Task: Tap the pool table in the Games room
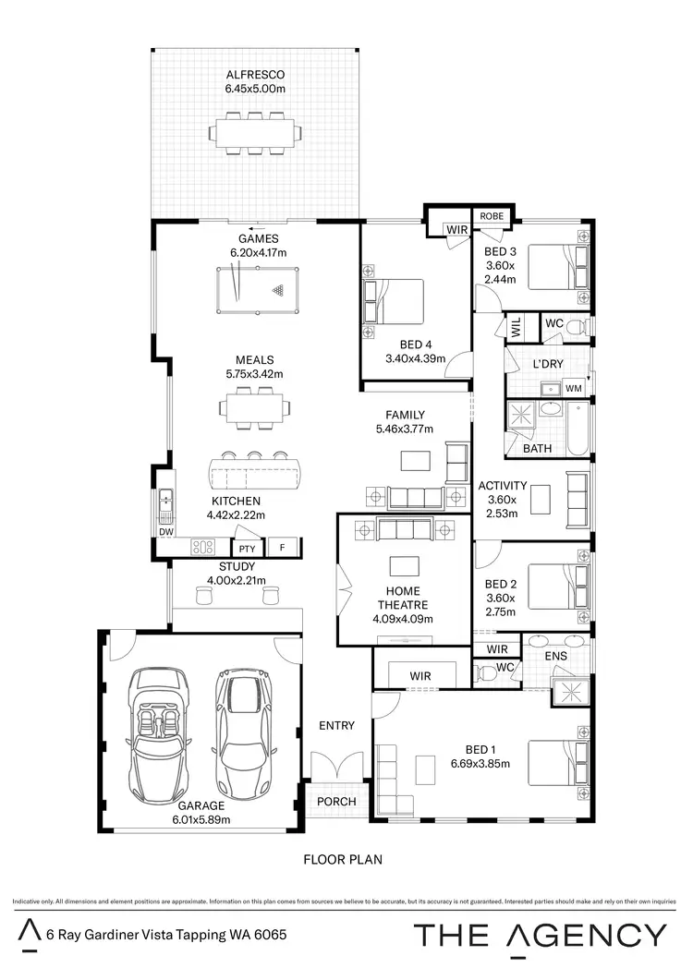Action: coord(252,288)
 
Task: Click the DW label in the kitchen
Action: coord(166,532)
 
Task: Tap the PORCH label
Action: coord(336,802)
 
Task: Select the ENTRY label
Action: coord(336,726)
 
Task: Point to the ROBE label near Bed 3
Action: coord(492,215)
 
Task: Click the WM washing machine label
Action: coord(573,389)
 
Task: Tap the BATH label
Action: coord(538,448)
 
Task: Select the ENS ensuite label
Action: coord(555,656)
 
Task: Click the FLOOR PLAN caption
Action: coord(343,859)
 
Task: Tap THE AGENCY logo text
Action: coord(540,936)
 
